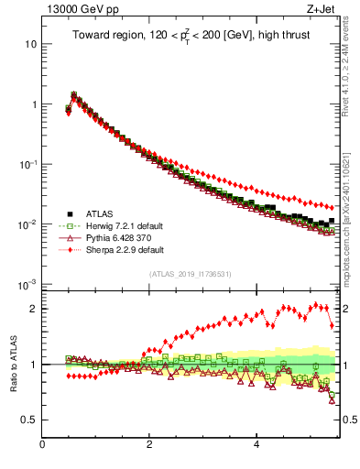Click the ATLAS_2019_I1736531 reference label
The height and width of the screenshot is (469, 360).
point(190,274)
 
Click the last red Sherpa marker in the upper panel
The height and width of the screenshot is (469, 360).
point(332,207)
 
